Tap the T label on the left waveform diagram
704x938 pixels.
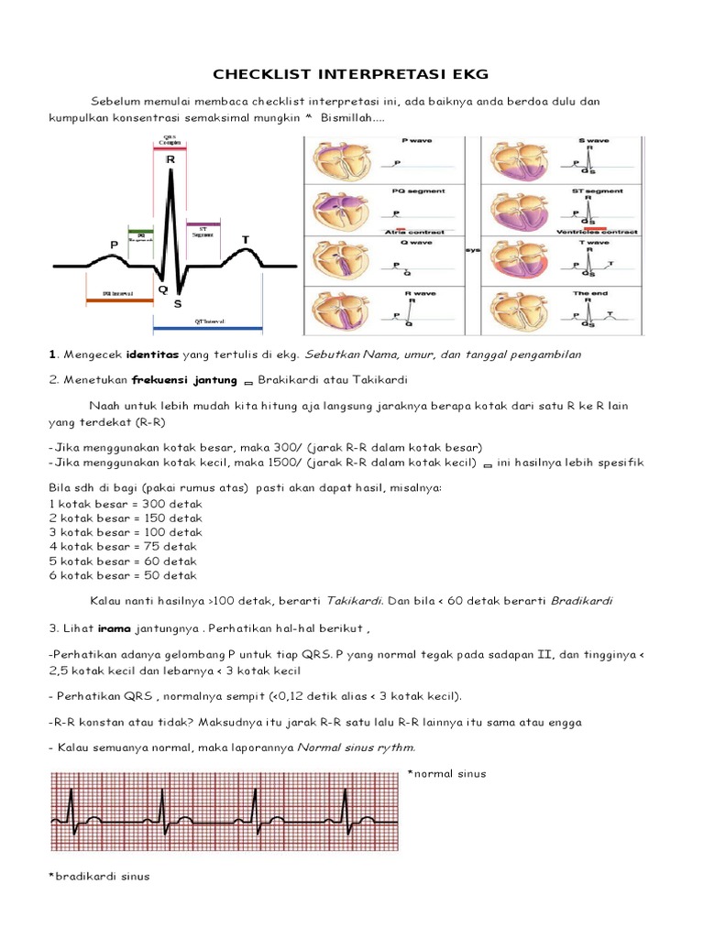tap(245, 240)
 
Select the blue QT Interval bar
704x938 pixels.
tap(208, 327)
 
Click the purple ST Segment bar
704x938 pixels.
tap(203, 224)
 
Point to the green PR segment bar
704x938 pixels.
tap(140, 230)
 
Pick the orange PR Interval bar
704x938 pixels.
tap(117, 300)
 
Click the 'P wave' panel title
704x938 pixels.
tap(418, 140)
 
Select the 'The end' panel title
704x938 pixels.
tap(587, 293)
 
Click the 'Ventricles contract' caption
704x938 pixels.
tap(598, 232)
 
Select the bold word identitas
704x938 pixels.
tap(151, 354)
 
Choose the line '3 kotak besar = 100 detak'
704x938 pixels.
tap(125, 532)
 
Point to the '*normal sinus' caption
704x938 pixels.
tap(449, 774)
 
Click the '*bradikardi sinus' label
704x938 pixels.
tap(98, 877)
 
